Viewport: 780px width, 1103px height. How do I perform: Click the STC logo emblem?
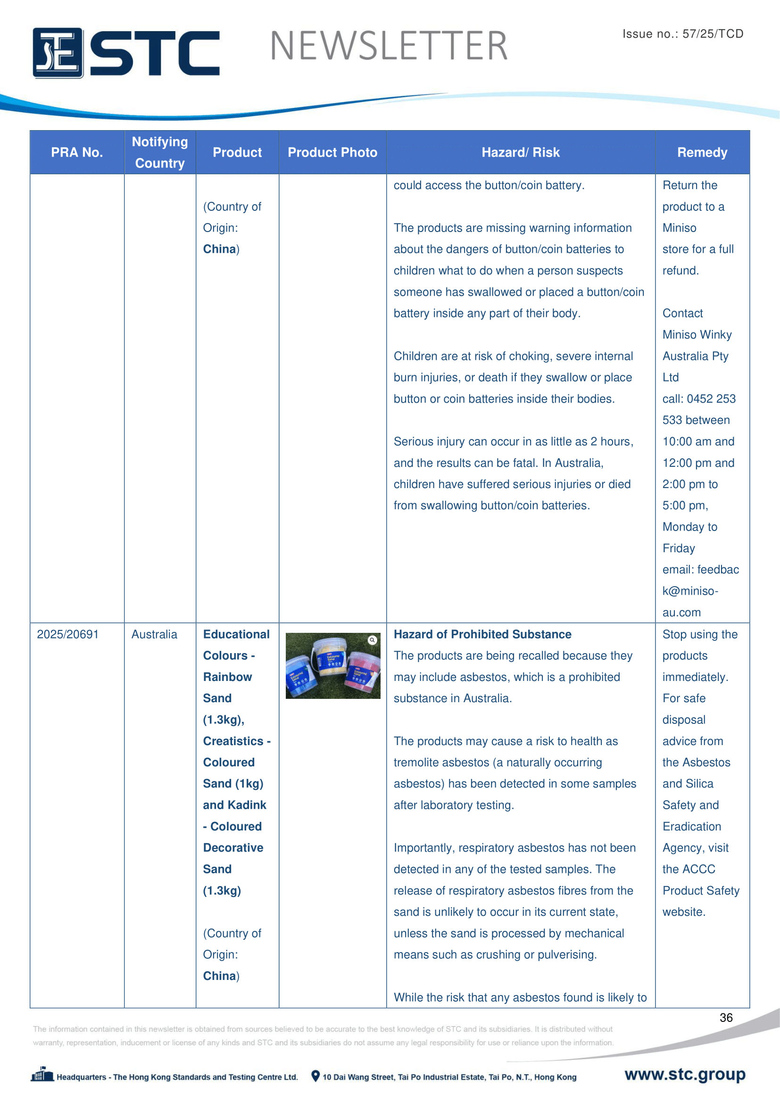[58, 53]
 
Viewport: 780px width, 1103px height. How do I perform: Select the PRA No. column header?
[77, 152]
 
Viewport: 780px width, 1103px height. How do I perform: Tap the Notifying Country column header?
[160, 152]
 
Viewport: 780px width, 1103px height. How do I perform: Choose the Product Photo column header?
[332, 152]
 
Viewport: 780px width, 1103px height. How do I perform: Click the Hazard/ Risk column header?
[521, 152]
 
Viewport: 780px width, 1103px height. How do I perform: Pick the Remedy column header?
[702, 152]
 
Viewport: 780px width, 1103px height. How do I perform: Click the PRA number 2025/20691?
[68, 634]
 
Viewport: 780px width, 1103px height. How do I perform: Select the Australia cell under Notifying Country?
[154, 634]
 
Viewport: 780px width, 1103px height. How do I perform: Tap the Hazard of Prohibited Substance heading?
[482, 634]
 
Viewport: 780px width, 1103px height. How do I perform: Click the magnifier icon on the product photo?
[372, 640]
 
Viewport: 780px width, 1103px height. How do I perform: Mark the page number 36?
[726, 1018]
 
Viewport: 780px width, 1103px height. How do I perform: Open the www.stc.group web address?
[684, 1074]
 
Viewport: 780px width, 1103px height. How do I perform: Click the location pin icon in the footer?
[315, 1076]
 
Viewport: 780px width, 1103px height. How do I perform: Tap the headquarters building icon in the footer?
[42, 1074]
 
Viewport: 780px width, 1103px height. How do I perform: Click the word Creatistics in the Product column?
[233, 741]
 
